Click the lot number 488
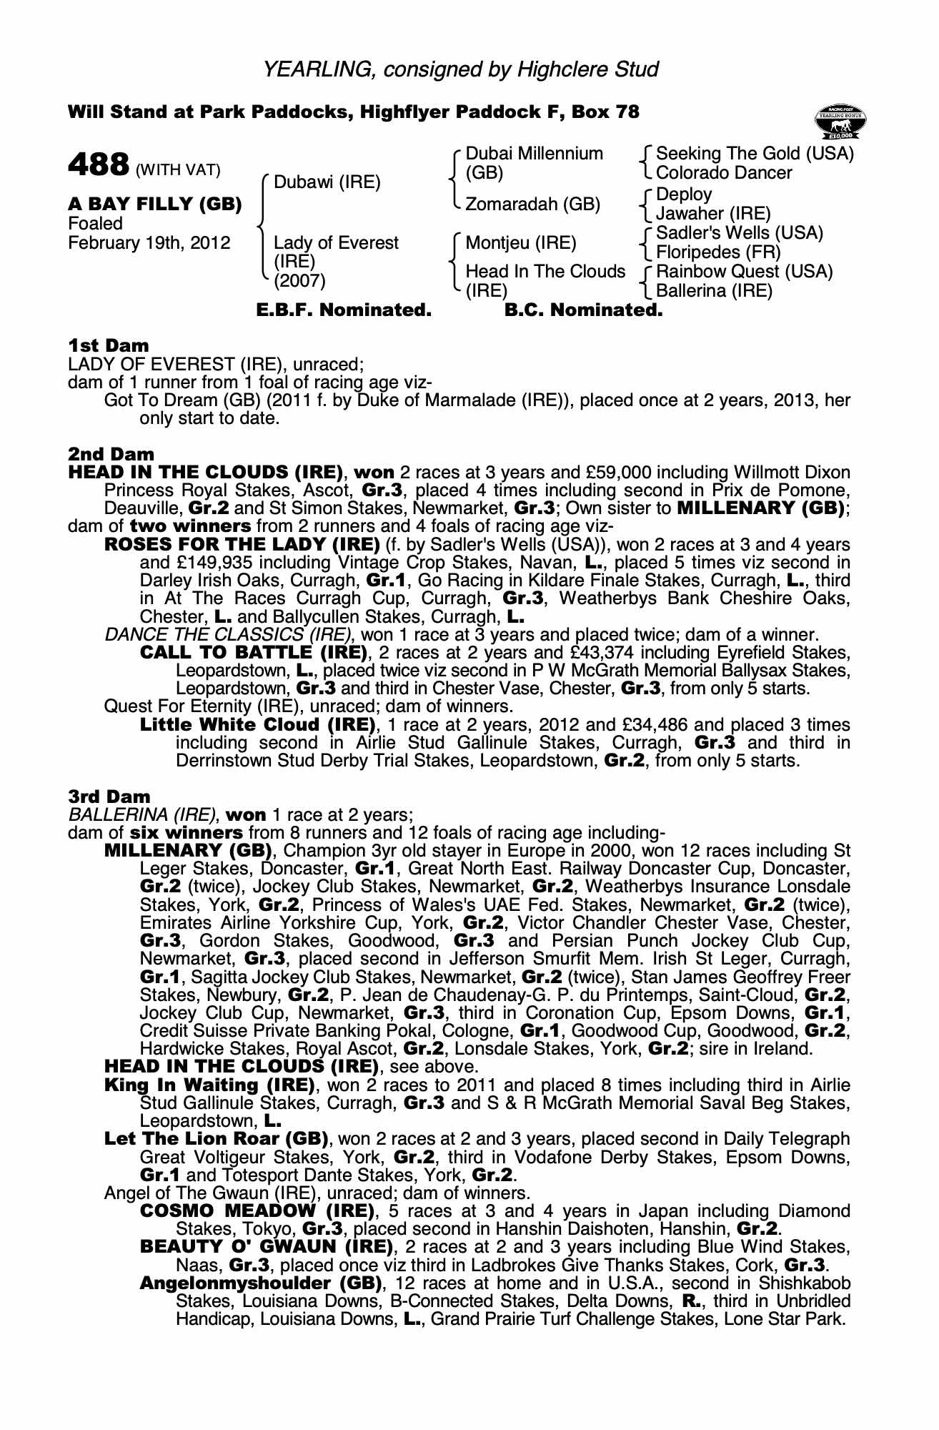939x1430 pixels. click(x=97, y=164)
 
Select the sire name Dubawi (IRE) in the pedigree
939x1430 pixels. click(x=327, y=182)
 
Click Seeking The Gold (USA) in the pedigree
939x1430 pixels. click(x=755, y=153)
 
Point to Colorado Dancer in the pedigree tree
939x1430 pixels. click(x=724, y=172)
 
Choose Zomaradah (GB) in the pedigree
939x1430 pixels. click(x=532, y=204)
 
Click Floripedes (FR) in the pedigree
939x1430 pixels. click(x=718, y=252)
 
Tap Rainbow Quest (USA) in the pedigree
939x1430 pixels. click(x=744, y=272)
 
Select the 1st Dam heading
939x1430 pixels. click(x=109, y=345)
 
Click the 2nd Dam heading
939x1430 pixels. click(x=111, y=454)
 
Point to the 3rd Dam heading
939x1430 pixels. click(x=109, y=797)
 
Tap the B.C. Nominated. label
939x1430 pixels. click(x=583, y=310)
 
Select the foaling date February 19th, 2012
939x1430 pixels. click(x=149, y=243)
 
